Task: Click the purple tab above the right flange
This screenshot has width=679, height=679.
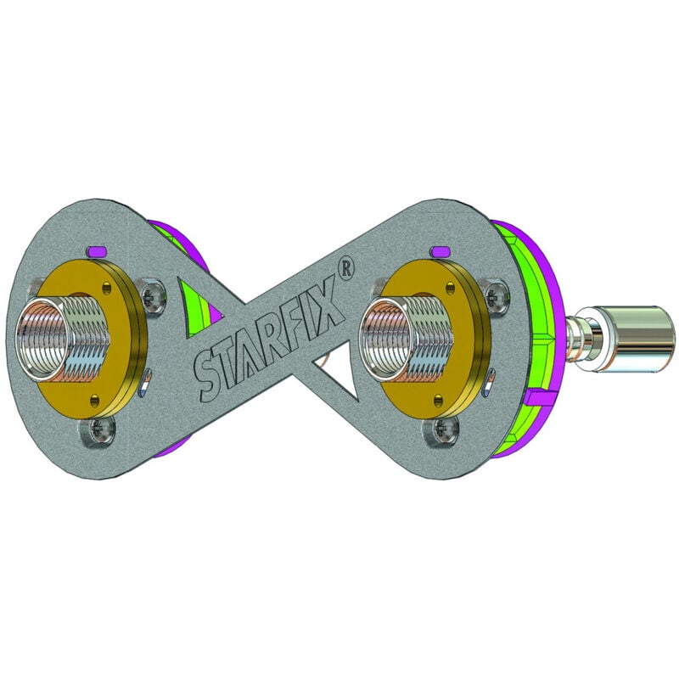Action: [440, 250]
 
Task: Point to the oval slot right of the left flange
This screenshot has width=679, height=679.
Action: [147, 376]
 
